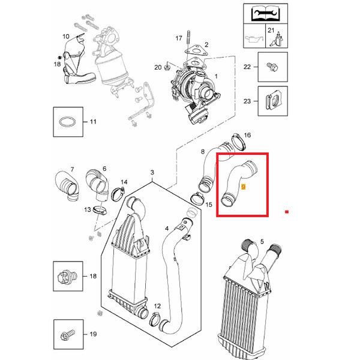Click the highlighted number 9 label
point(244,187)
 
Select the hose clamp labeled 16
point(239,142)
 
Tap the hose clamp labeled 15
point(197,199)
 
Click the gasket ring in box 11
point(67,122)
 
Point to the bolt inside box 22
point(272,67)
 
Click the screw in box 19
point(67,335)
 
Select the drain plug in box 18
point(67,276)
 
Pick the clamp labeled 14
point(118,194)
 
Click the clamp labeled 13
point(100,210)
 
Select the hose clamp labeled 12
point(156,319)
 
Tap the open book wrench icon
point(265,14)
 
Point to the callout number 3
point(152,172)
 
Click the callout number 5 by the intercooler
point(262,242)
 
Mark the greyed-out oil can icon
point(254,39)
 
